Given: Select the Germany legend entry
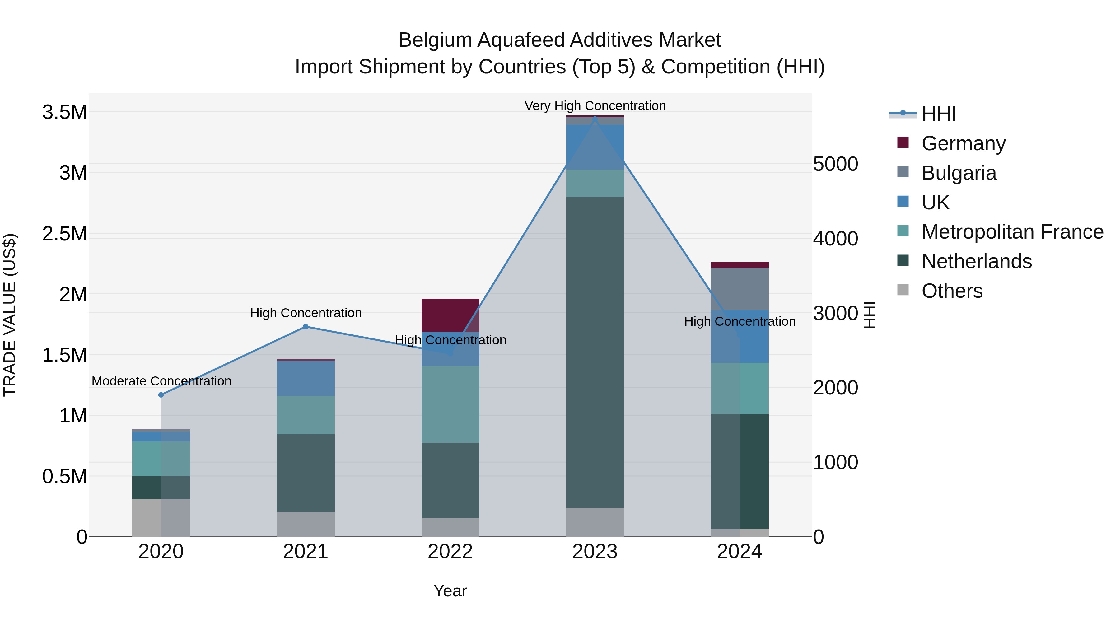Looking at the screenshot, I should pyautogui.click(x=963, y=143).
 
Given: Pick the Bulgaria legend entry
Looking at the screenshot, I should pyautogui.click(x=959, y=173).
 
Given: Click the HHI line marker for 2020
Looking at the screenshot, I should pyautogui.click(x=161, y=395).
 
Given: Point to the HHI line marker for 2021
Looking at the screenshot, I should pyautogui.click(x=306, y=327).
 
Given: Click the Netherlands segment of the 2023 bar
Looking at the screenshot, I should pyautogui.click(x=595, y=352).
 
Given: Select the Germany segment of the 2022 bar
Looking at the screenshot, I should pyautogui.click(x=450, y=315).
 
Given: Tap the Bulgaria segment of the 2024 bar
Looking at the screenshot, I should pyautogui.click(x=740, y=289).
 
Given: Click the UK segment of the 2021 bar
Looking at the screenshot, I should pyautogui.click(x=306, y=378).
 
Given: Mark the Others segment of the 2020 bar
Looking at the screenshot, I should pyautogui.click(x=161, y=517).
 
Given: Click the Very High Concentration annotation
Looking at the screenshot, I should pyautogui.click(x=595, y=106).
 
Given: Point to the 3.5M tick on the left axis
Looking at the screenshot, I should pyautogui.click(x=64, y=112).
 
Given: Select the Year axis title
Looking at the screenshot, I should pyautogui.click(x=450, y=591).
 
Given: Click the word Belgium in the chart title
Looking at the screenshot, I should pyautogui.click(x=435, y=40).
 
